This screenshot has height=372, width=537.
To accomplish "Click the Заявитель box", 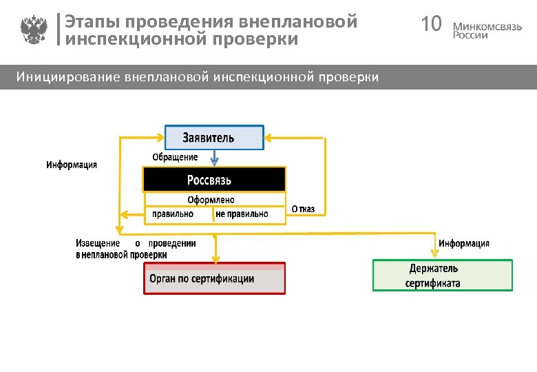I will click(x=214, y=138).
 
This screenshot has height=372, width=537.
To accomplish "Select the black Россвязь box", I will click(x=214, y=180).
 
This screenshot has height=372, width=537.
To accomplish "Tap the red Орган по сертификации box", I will click(x=214, y=279).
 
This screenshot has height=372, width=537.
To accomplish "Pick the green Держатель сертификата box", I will click(x=443, y=276).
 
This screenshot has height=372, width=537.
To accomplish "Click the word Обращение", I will click(x=175, y=157).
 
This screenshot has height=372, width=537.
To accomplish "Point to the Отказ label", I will click(x=303, y=209).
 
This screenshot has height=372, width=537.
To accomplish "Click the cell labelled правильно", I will click(x=173, y=214).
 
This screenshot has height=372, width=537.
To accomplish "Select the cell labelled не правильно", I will click(x=242, y=214).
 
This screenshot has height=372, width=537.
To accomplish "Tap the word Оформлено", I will click(x=211, y=200).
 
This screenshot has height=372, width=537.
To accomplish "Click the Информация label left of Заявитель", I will click(x=72, y=165).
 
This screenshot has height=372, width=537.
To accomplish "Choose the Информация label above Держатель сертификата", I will click(x=464, y=243).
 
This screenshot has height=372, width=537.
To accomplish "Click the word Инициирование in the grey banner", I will click(x=68, y=76).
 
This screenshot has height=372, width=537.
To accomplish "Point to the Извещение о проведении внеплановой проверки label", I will click(x=136, y=249).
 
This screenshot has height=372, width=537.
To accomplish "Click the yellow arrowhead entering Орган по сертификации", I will click(x=215, y=260).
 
